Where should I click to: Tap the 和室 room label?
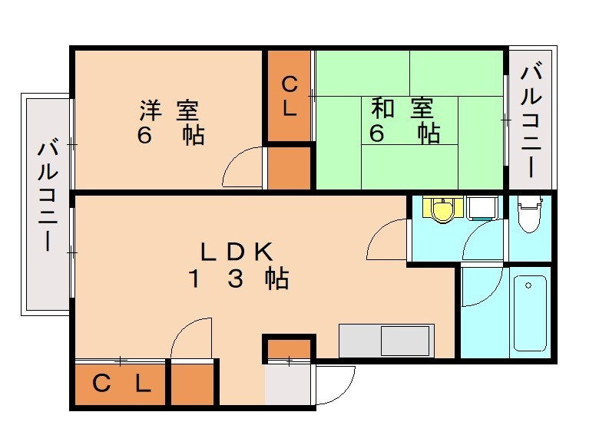(405, 107)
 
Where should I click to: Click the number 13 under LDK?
(214, 280)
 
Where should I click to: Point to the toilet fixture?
(529, 215)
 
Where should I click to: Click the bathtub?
(530, 311)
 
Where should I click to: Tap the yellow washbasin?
(443, 209)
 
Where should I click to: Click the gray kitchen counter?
(386, 340)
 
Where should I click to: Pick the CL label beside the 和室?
(289, 94)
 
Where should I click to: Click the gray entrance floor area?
(289, 384)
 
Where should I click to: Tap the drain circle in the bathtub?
(528, 285)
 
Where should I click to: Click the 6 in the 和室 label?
(377, 133)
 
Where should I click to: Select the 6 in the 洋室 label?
(144, 136)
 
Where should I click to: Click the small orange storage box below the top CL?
(289, 166)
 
